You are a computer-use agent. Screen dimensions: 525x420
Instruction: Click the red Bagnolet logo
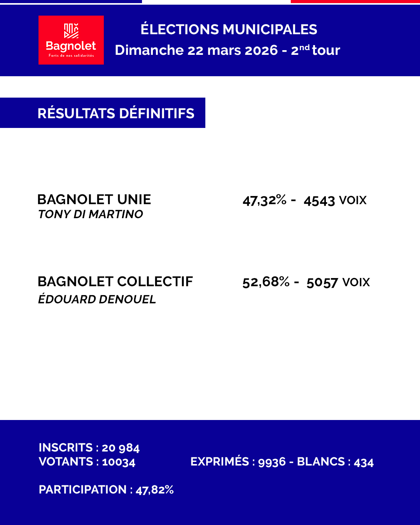71,40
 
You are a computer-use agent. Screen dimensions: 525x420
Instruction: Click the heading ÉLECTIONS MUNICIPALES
229,30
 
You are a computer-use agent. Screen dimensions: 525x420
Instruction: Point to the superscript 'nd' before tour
304,47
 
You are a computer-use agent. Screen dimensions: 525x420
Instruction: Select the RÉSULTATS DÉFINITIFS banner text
116,113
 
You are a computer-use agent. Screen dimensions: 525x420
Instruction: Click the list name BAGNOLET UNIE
94,199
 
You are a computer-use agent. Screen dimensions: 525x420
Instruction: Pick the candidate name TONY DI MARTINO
91,214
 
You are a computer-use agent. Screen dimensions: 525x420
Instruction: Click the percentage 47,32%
264,200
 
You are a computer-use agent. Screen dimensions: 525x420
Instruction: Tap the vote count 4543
319,201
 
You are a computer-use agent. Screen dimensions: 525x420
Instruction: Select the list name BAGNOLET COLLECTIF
115,282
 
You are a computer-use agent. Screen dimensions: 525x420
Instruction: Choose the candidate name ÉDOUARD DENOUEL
97,299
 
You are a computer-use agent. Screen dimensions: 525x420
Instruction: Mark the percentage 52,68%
266,282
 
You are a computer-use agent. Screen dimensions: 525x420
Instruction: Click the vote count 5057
322,282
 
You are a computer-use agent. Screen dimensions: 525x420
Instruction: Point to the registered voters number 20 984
121,448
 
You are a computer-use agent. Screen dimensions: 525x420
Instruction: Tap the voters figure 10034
119,462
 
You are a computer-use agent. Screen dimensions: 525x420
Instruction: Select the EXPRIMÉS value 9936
272,462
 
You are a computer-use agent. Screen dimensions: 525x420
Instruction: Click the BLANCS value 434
364,462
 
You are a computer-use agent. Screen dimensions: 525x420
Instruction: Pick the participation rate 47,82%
154,490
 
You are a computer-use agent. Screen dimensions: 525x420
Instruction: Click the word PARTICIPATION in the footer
83,490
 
